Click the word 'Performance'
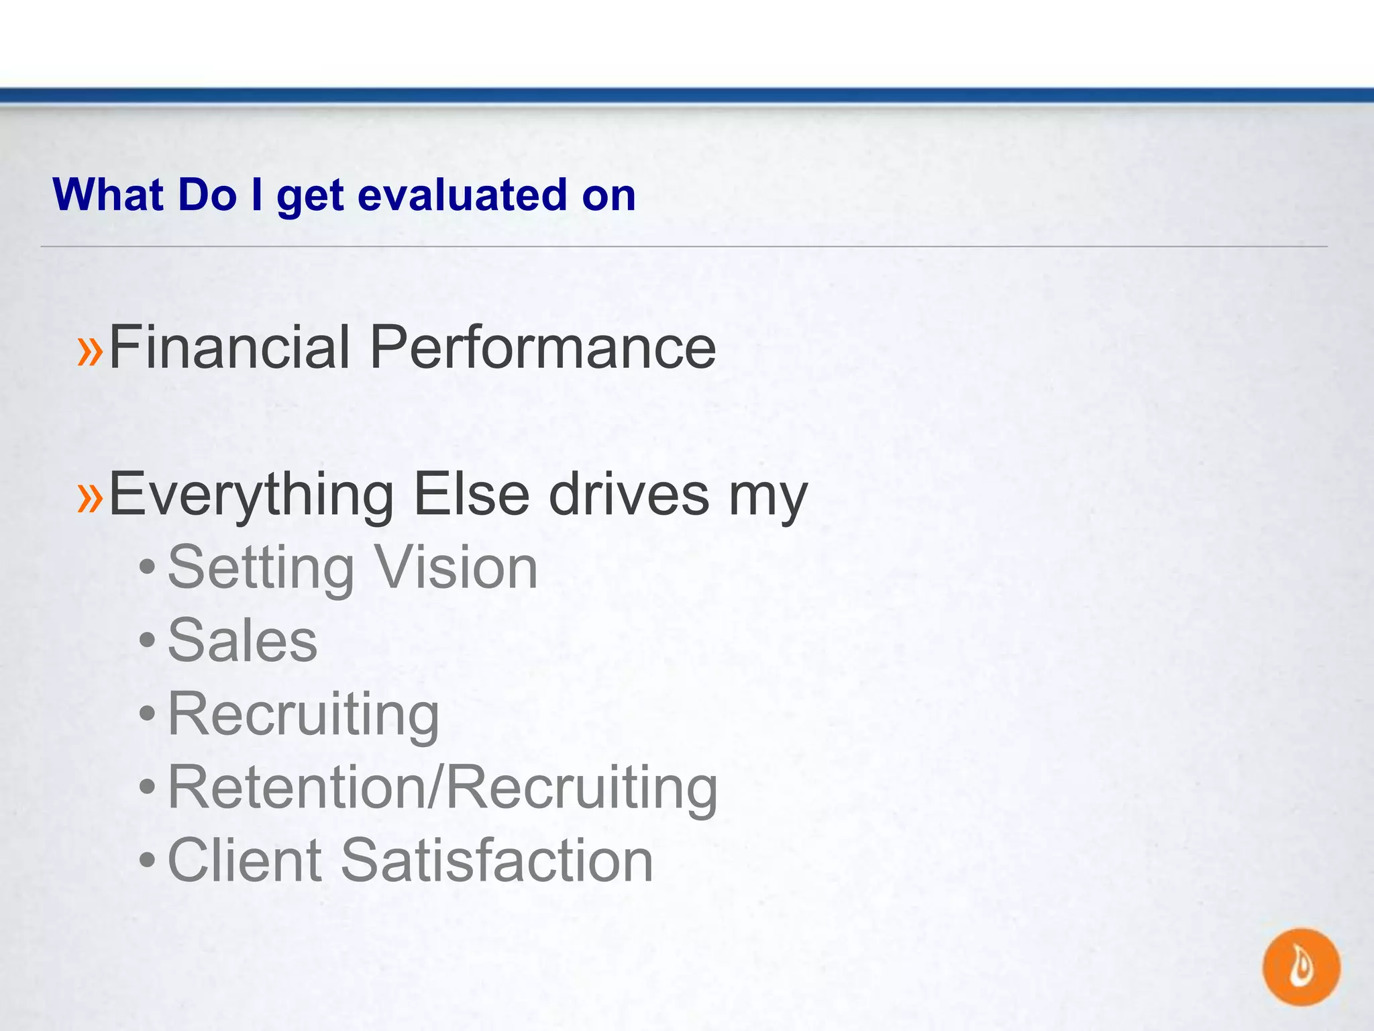point(542,347)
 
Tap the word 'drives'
point(629,495)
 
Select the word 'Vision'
point(456,568)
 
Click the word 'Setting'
point(260,569)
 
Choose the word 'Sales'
point(242,640)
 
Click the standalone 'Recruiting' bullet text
point(303,714)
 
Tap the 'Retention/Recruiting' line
point(442,787)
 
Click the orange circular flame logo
point(1301,967)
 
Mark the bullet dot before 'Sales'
point(147,641)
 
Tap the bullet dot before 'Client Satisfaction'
point(147,861)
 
